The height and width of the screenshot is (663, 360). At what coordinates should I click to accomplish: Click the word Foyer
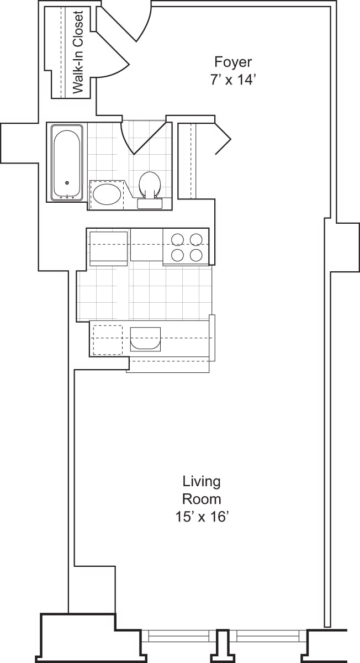point(233,61)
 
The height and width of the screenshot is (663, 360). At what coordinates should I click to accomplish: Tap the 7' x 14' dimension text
point(233,80)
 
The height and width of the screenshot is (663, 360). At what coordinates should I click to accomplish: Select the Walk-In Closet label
point(78,52)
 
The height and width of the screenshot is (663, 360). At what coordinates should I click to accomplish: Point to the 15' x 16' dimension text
point(202,517)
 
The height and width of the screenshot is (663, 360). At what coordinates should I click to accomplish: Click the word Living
point(202,481)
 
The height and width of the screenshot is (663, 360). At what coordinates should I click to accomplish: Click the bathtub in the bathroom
point(67,162)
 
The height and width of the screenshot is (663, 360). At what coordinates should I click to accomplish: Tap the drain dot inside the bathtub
point(67,183)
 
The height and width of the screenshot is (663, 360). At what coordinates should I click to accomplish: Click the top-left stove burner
point(177,239)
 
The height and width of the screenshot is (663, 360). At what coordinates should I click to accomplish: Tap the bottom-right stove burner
point(195,255)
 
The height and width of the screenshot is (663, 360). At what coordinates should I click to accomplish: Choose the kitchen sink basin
point(145,339)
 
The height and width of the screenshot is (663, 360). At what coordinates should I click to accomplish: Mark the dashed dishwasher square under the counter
point(107,339)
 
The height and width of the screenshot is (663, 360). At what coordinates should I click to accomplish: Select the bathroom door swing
point(142,136)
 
